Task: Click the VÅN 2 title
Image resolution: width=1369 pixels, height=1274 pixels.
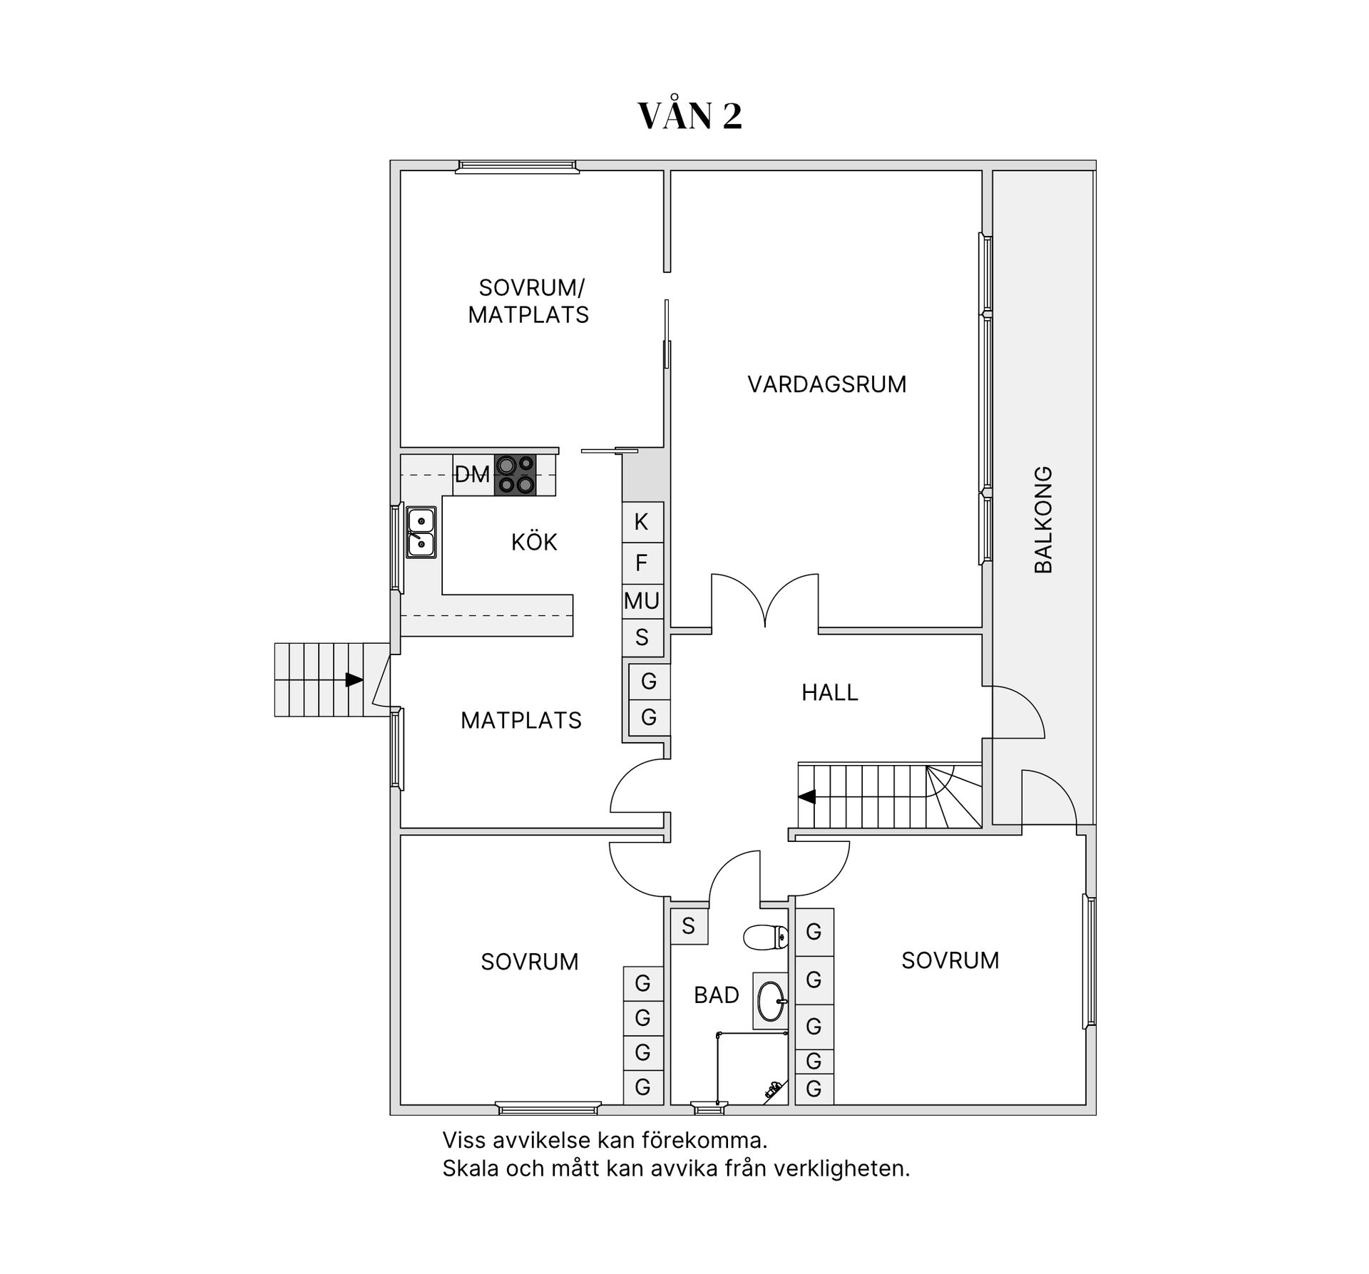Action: click(689, 116)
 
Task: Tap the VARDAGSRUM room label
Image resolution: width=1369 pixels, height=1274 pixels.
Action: click(826, 384)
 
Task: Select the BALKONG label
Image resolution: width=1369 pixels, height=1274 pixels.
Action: click(1043, 520)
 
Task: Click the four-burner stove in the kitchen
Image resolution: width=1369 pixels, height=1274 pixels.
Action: click(516, 475)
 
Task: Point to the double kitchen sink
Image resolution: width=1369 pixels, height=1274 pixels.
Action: click(421, 533)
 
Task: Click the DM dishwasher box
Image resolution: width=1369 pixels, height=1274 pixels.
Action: click(472, 475)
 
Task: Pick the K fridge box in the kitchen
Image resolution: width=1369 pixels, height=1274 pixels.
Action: click(642, 523)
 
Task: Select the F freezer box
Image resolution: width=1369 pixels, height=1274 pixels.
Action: click(642, 563)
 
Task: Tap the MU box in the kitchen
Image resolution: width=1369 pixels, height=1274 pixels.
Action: click(642, 601)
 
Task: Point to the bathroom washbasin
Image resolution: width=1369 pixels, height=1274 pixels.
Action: click(771, 1001)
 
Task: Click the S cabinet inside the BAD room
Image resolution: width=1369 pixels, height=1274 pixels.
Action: click(688, 926)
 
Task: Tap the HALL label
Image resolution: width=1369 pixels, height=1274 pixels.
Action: click(829, 692)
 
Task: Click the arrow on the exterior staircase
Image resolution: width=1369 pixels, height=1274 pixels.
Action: click(354, 679)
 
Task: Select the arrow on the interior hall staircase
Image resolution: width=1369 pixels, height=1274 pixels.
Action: click(807, 796)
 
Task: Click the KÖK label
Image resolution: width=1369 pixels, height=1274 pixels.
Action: click(534, 543)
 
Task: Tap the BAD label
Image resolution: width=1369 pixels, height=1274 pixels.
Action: click(716, 995)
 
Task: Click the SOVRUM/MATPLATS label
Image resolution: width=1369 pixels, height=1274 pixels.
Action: click(528, 302)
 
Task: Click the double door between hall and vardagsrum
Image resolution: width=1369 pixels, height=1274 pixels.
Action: click(765, 602)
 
